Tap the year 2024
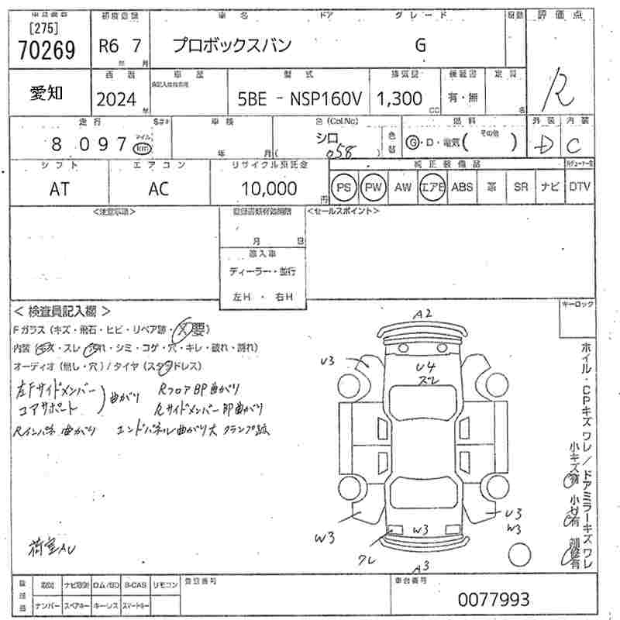click(x=115, y=98)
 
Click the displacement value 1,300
click(x=399, y=98)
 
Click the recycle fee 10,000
click(x=269, y=188)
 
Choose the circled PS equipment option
click(x=343, y=187)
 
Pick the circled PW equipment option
click(x=374, y=187)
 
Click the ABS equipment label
click(x=462, y=187)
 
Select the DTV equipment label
click(x=579, y=187)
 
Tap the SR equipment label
click(x=521, y=187)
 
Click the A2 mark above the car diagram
click(x=422, y=313)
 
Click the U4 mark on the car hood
click(x=426, y=367)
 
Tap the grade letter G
click(x=420, y=45)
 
